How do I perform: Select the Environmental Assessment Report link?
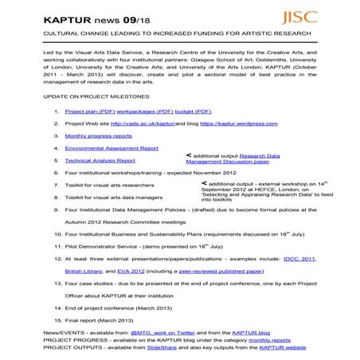111,148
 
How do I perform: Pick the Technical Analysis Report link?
100,160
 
